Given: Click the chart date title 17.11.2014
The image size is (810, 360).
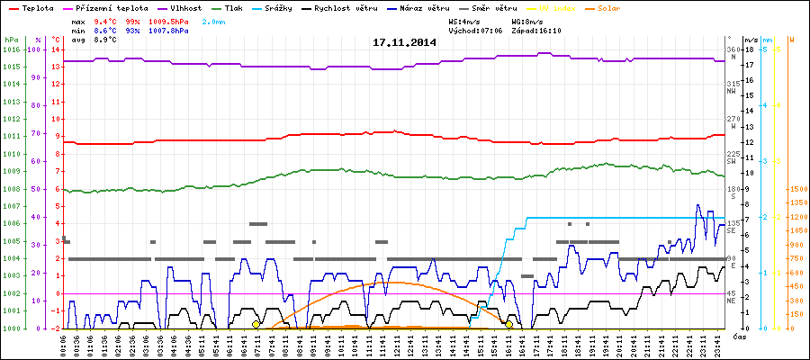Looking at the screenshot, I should pos(404,41).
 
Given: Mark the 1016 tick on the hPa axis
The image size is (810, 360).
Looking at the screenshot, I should pos(11,49).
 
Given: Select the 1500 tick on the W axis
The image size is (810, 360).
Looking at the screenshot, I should pos(796,189).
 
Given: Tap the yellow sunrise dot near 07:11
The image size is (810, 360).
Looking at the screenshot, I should pos(256,324).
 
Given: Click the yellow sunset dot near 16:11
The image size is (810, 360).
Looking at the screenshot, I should pos(509,324).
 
